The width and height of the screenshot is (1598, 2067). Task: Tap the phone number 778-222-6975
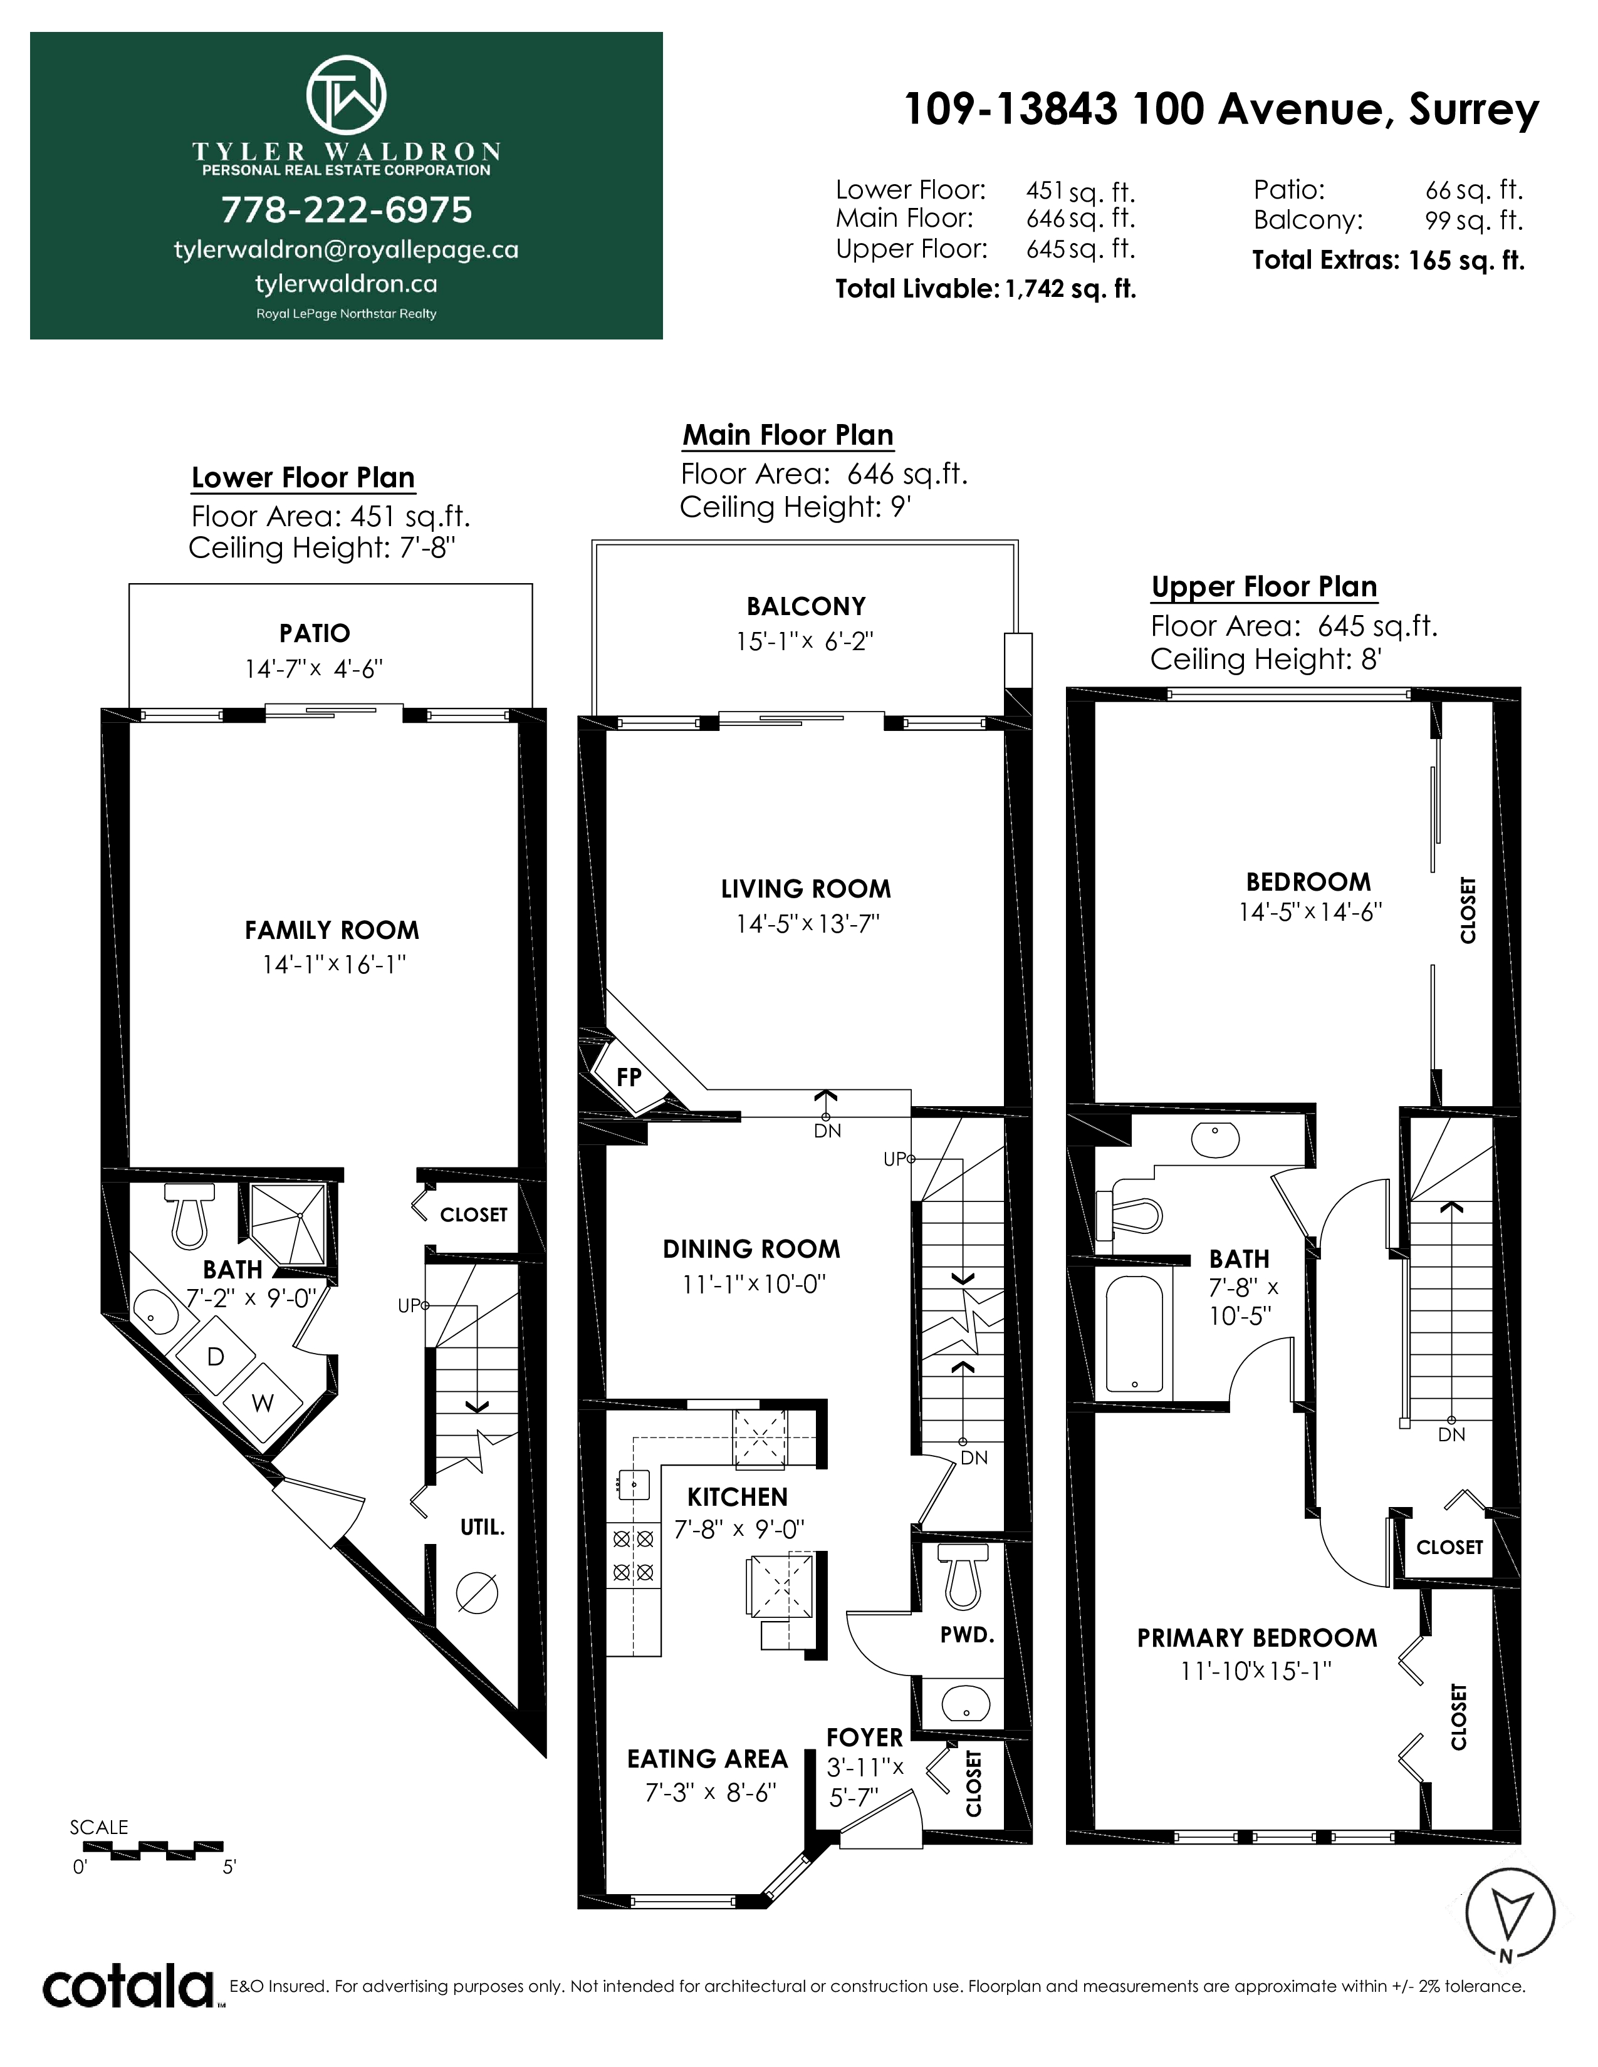pos(347,210)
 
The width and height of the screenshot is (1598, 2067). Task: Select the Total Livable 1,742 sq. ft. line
pos(986,289)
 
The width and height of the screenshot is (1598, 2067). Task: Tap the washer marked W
pos(262,1404)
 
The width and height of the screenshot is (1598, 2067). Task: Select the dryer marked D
pos(216,1357)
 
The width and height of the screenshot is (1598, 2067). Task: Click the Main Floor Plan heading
pos(788,435)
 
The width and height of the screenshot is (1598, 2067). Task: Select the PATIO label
pos(315,633)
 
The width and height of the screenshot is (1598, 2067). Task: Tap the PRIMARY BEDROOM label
pos(1257,1639)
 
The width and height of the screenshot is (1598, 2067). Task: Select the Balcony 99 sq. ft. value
pos(1474,220)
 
